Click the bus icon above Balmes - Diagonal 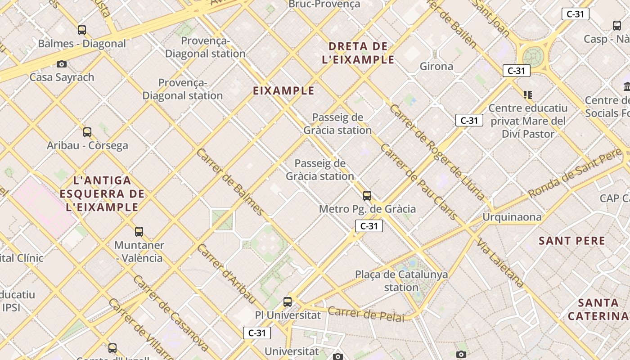click(x=82, y=30)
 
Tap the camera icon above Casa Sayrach click(x=62, y=64)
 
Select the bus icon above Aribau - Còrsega click(x=87, y=132)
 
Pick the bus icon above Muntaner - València click(x=139, y=232)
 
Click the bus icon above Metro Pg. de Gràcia click(x=367, y=196)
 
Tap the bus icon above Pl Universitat click(x=288, y=302)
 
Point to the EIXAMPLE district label click(x=283, y=91)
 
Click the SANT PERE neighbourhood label click(x=572, y=241)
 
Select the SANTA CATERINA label click(x=598, y=309)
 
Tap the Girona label click(x=436, y=67)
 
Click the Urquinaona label click(x=512, y=217)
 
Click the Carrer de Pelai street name click(x=365, y=314)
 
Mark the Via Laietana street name click(x=501, y=263)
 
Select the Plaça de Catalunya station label click(x=401, y=281)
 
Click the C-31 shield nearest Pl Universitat click(x=257, y=333)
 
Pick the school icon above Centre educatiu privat click(x=528, y=95)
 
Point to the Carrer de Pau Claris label click(x=419, y=182)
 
